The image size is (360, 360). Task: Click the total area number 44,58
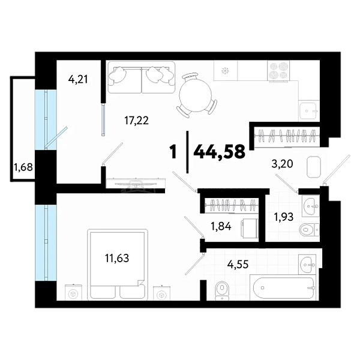click(220, 152)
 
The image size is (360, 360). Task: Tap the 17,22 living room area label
click(136, 121)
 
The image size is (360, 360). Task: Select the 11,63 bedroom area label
click(117, 258)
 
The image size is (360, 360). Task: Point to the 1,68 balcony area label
click(23, 167)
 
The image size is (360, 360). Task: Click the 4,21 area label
click(78, 79)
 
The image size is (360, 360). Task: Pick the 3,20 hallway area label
click(282, 164)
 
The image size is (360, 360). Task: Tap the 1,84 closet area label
click(221, 227)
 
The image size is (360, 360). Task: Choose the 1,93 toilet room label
click(284, 217)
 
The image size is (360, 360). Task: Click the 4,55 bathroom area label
click(238, 265)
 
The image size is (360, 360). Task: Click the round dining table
click(196, 95)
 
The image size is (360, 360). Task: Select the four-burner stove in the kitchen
click(278, 71)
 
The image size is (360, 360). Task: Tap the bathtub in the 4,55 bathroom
click(284, 288)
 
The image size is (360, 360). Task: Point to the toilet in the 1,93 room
click(309, 229)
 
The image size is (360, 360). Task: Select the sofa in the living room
click(142, 77)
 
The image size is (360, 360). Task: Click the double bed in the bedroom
click(118, 265)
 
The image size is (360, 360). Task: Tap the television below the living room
click(136, 183)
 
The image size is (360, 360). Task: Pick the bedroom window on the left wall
click(46, 242)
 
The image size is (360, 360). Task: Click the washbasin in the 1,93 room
click(310, 206)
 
